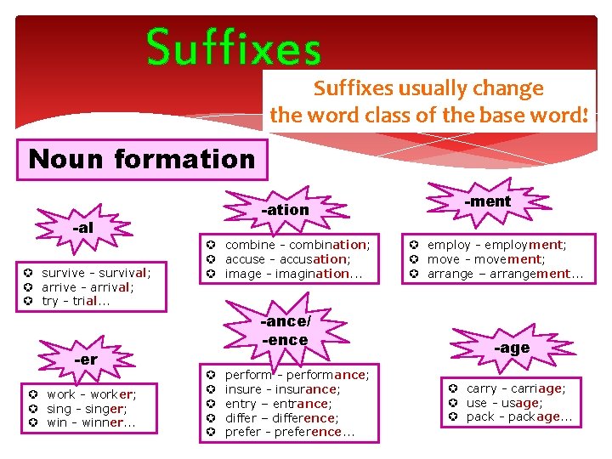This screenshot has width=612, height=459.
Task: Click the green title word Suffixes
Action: [x=234, y=48]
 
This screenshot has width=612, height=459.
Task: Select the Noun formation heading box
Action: [x=142, y=159]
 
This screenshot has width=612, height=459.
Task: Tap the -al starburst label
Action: [x=83, y=228]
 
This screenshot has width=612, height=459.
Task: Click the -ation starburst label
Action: [x=285, y=209]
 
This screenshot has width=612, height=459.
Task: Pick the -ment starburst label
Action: [x=488, y=201]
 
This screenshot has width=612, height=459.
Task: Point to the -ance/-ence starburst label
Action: [x=285, y=331]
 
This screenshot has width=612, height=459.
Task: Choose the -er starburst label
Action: [x=86, y=359]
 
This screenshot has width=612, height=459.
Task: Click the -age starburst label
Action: [x=513, y=348]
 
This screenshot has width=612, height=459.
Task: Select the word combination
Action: [x=327, y=245]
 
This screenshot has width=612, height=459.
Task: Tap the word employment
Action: [x=525, y=245]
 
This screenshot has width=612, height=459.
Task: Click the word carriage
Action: [x=535, y=388]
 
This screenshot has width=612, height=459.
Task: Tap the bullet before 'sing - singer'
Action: [x=31, y=409]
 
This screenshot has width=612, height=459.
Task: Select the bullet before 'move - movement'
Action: [x=415, y=259]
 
